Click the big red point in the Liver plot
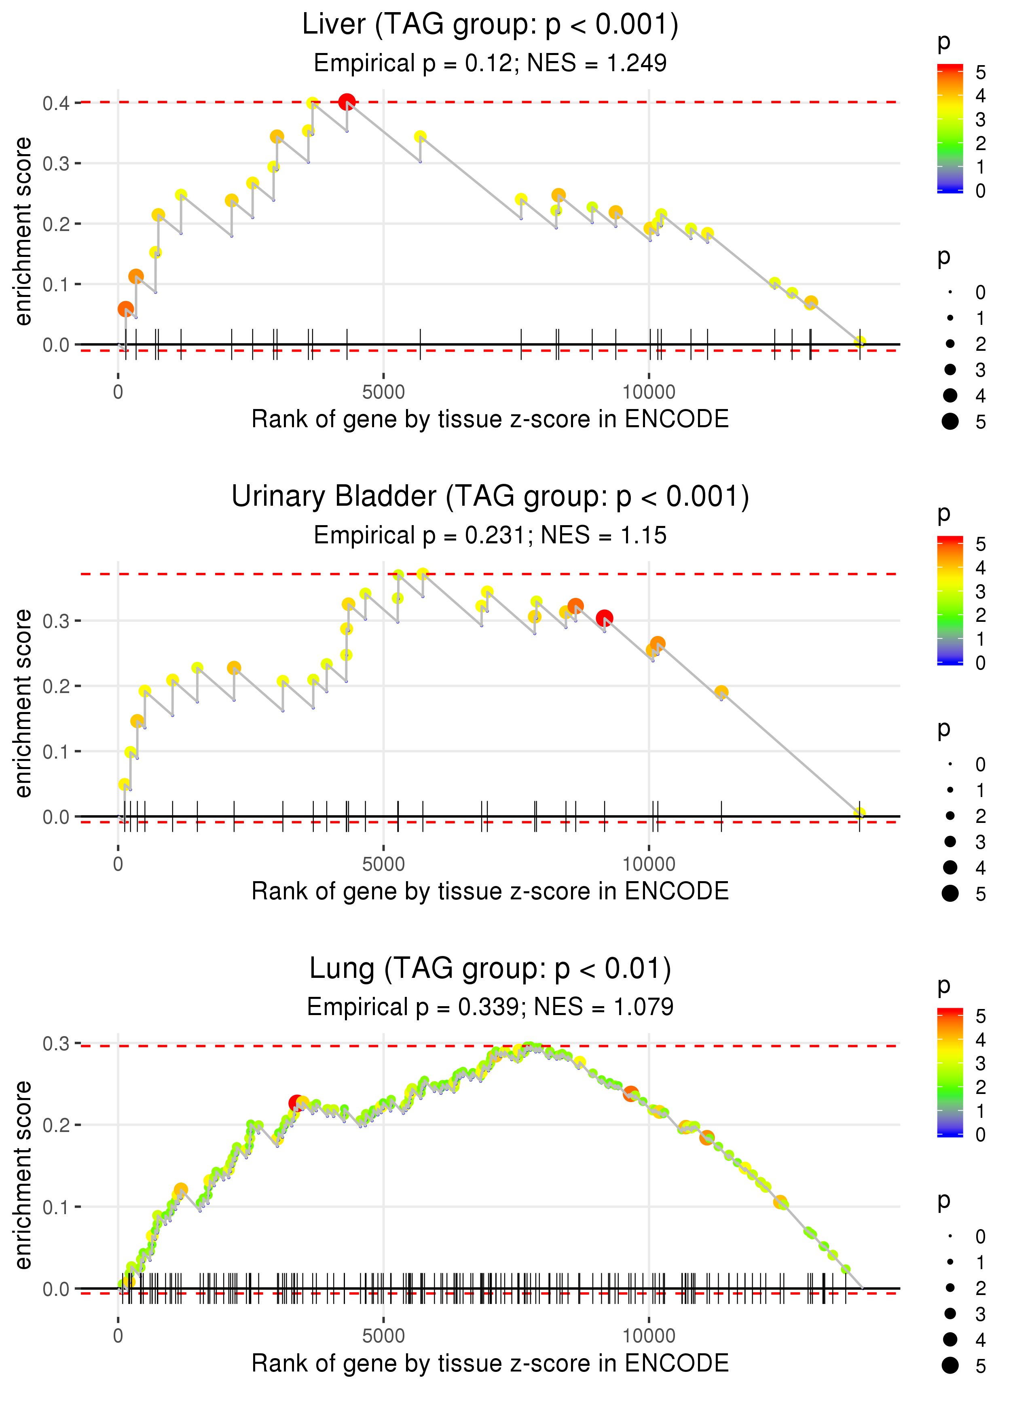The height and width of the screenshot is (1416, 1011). coord(347,102)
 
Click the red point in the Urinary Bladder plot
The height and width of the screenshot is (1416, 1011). coord(604,618)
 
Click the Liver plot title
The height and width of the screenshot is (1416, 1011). coord(490,25)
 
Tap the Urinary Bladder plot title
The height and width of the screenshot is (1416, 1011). coord(490,497)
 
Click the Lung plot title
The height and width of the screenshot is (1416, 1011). coord(490,969)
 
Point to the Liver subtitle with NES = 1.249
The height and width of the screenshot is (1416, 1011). coord(490,63)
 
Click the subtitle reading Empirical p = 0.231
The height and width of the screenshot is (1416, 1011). coord(490,535)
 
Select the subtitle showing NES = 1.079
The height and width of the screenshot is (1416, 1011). coord(490,1007)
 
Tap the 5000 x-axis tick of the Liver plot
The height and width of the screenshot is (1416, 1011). coord(383,392)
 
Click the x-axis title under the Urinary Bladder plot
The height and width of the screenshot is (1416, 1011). coord(490,891)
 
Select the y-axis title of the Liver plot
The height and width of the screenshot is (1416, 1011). coord(23,232)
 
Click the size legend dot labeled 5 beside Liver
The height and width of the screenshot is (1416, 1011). coord(950,422)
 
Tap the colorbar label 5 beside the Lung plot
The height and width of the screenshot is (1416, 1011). coord(981,1017)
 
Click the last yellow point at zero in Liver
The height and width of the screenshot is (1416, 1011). coord(860,341)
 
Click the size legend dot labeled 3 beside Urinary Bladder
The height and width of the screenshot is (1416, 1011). coord(950,842)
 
